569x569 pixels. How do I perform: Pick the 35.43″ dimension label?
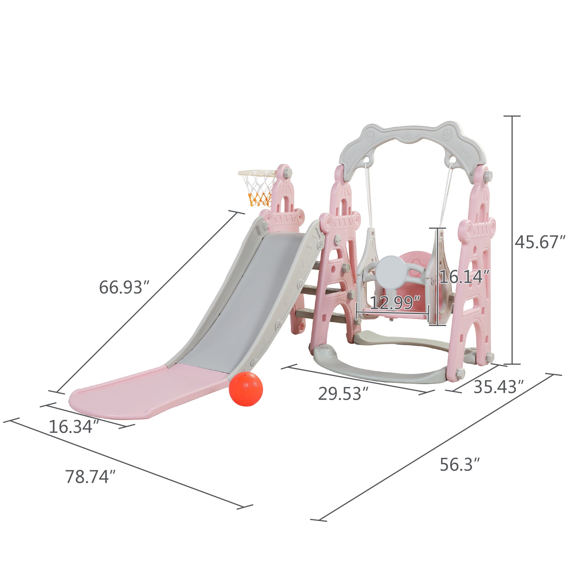coord(499,387)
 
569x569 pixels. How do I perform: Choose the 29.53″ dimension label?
coord(343,393)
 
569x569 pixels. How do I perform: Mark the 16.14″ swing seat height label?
coord(464,277)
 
